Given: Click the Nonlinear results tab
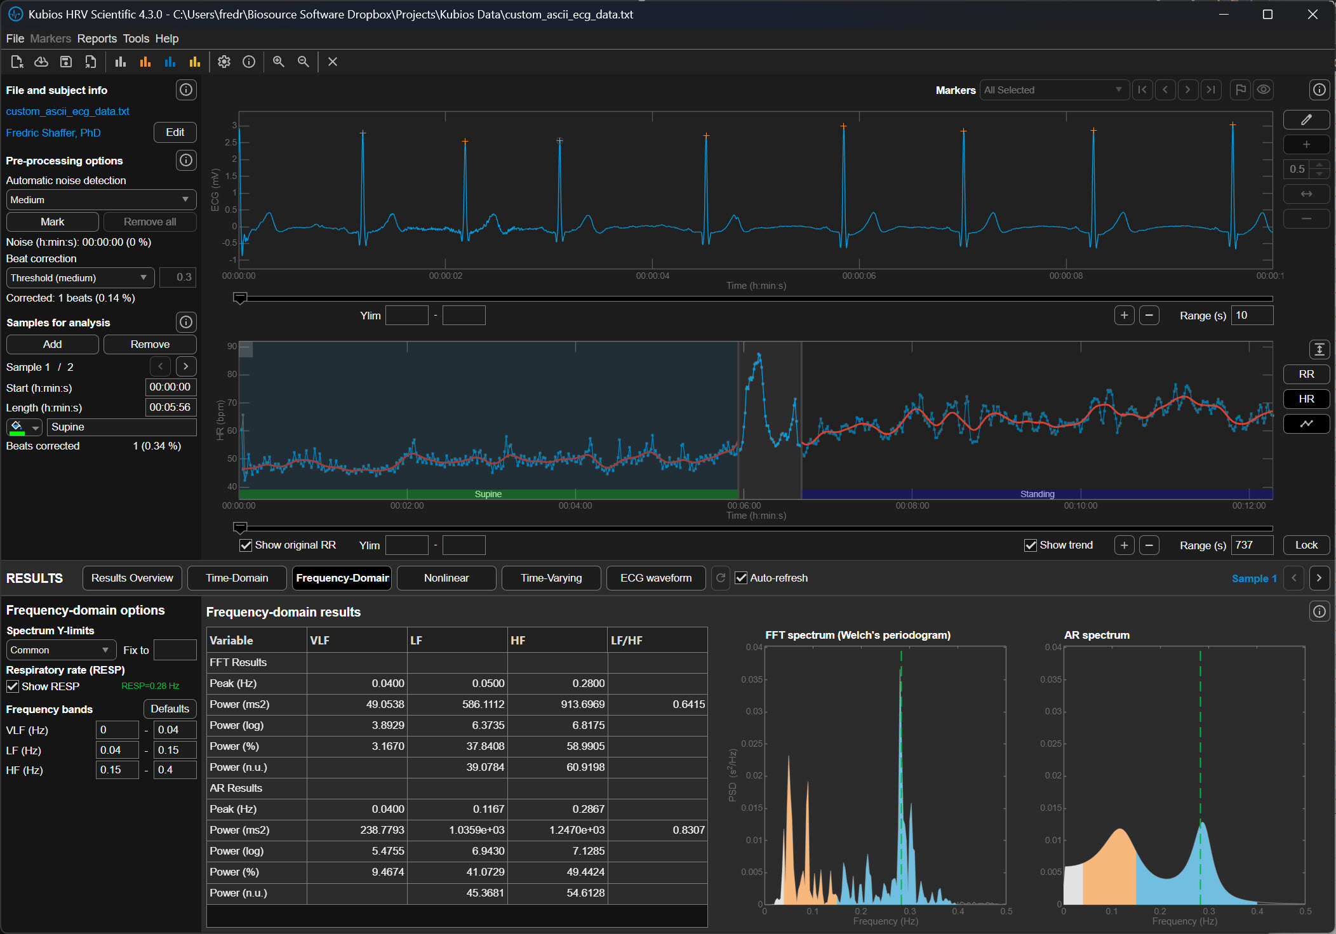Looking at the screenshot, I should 446,578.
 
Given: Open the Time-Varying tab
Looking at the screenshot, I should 551,578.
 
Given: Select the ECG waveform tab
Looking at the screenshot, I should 655,578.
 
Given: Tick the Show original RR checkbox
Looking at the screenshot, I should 246,545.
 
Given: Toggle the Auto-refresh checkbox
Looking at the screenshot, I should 741,578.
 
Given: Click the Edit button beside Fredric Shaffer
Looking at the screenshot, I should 175,133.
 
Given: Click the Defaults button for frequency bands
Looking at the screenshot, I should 170,709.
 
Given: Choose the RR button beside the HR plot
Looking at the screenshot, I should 1306,374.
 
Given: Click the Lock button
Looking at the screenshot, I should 1306,545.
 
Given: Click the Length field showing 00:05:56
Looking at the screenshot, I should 170,407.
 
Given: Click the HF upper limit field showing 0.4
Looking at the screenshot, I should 174,770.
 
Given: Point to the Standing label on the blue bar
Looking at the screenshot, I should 1037,494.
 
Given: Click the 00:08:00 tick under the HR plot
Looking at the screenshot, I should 912,505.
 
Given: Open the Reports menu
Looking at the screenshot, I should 97,39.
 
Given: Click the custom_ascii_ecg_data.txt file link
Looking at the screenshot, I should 68,111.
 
